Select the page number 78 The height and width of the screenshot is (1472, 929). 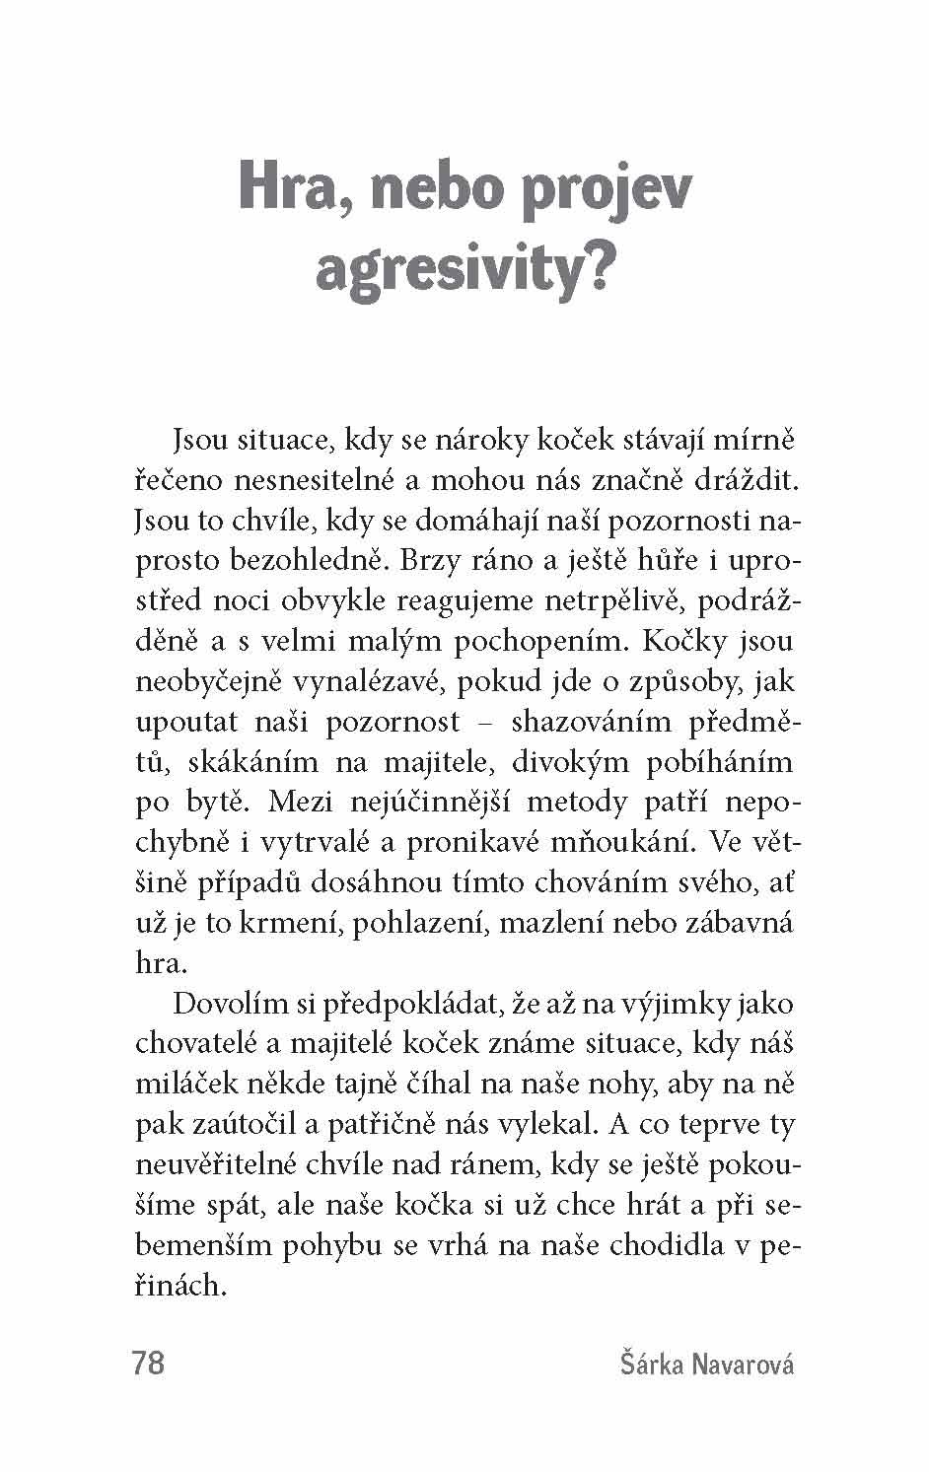coord(147,1364)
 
